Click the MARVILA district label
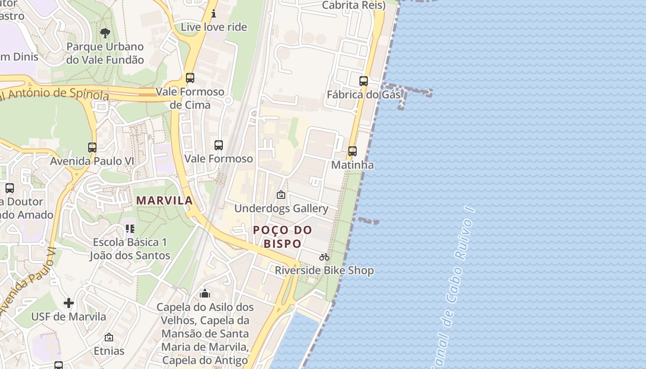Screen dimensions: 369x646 click(165, 201)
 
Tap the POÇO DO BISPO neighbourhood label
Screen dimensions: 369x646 click(282, 237)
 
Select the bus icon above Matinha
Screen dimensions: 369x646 click(353, 151)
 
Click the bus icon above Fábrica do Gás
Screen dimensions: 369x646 click(364, 81)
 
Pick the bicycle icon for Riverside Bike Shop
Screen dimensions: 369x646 click(324, 257)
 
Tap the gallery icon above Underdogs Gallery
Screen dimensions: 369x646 click(281, 195)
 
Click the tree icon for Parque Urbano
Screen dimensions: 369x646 click(105, 33)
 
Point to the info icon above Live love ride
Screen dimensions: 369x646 click(214, 14)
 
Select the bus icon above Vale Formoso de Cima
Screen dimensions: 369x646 click(190, 78)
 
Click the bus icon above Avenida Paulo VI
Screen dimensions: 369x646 click(92, 148)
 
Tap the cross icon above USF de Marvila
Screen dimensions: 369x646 click(69, 303)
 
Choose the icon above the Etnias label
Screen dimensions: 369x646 click(109, 338)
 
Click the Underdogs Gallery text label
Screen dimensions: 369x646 click(281, 208)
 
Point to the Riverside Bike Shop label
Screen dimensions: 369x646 click(324, 270)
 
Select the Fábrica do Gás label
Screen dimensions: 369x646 click(363, 95)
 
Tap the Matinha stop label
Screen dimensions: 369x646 click(353, 165)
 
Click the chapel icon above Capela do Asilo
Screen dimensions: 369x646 click(205, 293)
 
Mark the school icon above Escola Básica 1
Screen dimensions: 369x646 click(130, 228)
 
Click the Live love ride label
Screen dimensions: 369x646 click(214, 27)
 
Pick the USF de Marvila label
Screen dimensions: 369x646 click(68, 317)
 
